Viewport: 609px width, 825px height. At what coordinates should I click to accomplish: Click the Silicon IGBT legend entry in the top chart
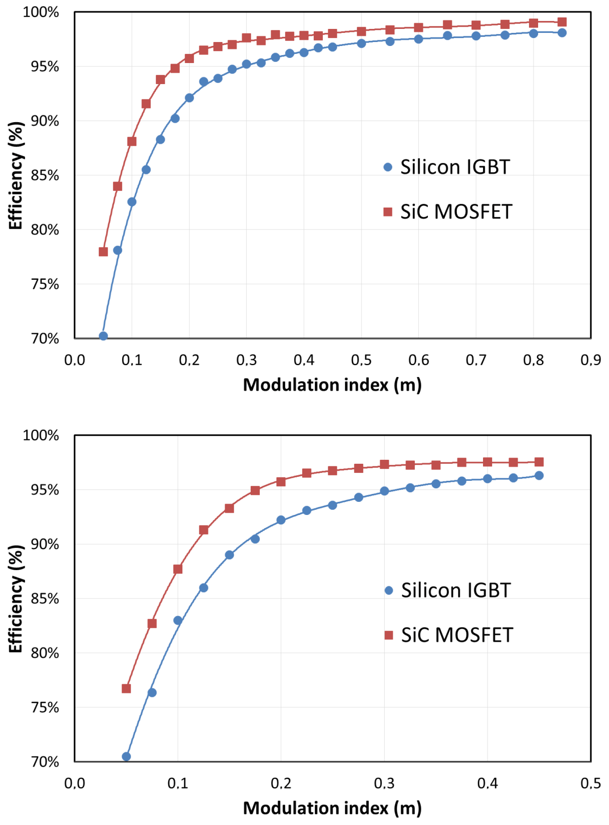[x=446, y=167]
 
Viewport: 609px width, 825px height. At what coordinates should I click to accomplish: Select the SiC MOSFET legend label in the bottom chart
[x=457, y=635]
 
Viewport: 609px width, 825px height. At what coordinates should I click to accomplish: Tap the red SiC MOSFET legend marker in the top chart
[x=388, y=212]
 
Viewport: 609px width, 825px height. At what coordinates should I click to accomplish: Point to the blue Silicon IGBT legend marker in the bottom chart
[x=388, y=590]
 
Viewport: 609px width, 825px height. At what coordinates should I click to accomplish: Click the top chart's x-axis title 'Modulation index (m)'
[x=332, y=385]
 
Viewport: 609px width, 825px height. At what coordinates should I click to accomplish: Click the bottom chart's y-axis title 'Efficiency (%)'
[x=15, y=599]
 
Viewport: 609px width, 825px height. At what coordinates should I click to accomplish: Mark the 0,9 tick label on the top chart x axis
[x=591, y=360]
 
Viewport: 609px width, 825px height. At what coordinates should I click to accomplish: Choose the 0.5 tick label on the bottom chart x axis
[x=591, y=783]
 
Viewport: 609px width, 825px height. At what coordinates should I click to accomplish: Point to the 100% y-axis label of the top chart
[x=41, y=12]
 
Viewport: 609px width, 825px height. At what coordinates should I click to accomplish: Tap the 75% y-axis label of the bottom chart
[x=45, y=707]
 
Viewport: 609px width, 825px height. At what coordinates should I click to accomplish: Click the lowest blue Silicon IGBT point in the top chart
[x=103, y=336]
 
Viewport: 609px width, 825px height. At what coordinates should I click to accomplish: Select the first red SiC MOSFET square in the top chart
[x=103, y=251]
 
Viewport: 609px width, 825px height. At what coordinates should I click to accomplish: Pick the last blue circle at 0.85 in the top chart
[x=562, y=32]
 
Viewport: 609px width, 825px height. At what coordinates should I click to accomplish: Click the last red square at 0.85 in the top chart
[x=562, y=22]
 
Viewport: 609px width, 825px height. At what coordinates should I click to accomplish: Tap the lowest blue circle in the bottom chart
[x=126, y=756]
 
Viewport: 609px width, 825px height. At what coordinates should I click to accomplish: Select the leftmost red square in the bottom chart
[x=126, y=688]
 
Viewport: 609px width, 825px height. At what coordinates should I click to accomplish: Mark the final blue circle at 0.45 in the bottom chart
[x=539, y=475]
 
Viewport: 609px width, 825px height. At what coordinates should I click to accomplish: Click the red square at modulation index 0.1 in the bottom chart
[x=178, y=569]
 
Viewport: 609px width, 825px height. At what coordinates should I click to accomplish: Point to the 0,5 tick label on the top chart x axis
[x=361, y=360]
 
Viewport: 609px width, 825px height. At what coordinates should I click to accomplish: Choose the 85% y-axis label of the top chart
[x=45, y=175]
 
